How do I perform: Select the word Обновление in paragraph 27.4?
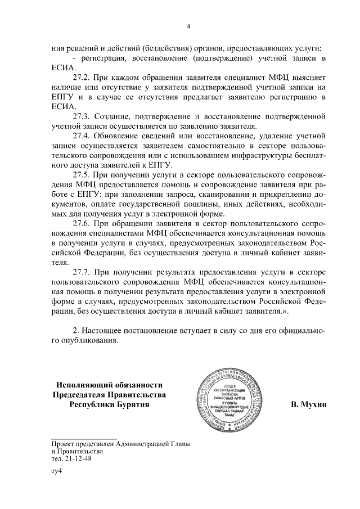click(x=118, y=136)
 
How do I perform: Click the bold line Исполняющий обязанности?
click(x=110, y=385)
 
